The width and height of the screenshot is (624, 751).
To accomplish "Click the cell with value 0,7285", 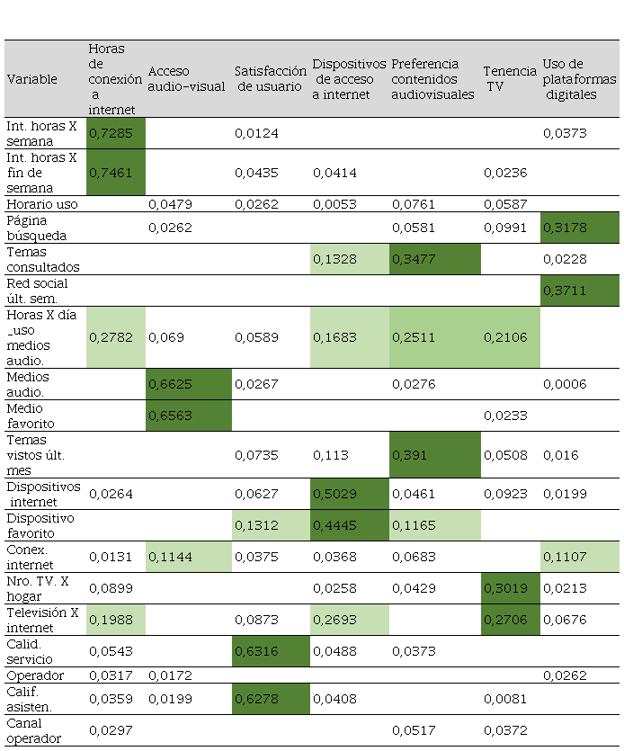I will [x=116, y=133].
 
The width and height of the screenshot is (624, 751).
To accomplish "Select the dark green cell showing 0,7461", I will [x=116, y=172].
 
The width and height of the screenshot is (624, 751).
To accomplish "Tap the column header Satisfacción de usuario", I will [x=271, y=78].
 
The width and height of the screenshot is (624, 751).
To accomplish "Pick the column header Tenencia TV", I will [x=509, y=78].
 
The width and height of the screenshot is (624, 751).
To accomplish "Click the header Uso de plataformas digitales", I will [x=580, y=78].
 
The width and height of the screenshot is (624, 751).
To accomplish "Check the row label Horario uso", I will [x=43, y=204].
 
